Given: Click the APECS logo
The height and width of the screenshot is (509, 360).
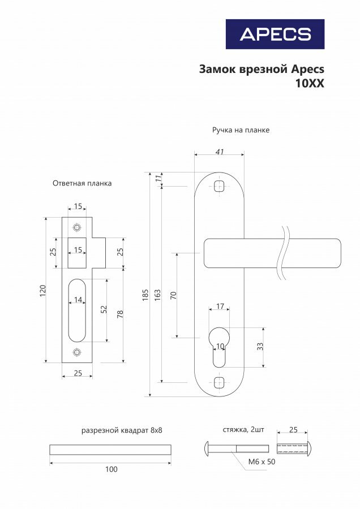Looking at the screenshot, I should tap(275, 34).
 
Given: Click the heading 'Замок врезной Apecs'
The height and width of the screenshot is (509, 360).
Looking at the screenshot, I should tap(262, 69).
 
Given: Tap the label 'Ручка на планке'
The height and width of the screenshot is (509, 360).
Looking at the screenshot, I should tap(241, 130).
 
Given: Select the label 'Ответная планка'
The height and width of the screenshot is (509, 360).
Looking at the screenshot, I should tap(82, 183).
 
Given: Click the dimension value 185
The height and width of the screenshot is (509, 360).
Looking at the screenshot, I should tap(145, 294).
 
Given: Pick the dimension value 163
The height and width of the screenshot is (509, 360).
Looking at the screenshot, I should tap(157, 294).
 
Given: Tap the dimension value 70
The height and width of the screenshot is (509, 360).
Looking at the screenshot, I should tap(173, 294).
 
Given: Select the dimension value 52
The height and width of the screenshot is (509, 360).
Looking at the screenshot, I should tap(104, 310).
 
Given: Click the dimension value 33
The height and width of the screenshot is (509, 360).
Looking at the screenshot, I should tap(260, 346).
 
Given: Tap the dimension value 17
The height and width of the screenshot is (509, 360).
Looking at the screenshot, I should tap(220, 307).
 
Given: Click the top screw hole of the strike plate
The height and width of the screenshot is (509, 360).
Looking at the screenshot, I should tap(77, 227).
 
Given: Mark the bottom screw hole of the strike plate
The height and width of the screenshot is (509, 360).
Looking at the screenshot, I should tap(77, 353).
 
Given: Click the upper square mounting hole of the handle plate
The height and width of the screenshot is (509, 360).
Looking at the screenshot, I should tap(220, 187).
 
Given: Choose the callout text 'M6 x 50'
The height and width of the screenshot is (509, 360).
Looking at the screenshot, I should tap(262, 462).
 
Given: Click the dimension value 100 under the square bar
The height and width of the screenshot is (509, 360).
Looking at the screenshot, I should tap(112, 469).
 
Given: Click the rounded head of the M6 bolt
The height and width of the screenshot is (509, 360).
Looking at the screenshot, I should tap(207, 448).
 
